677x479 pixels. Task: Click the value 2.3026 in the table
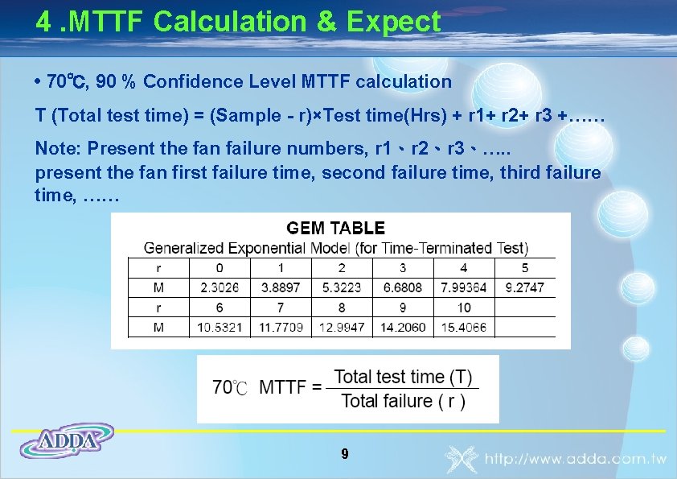(220, 287)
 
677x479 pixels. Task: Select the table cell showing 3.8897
(281, 287)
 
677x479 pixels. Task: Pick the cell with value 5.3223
(342, 287)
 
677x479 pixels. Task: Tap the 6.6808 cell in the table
(403, 287)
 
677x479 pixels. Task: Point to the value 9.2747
(525, 287)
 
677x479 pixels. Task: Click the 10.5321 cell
(220, 327)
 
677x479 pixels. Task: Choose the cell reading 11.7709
(281, 327)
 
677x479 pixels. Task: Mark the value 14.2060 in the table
(403, 327)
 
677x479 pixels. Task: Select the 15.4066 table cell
(464, 327)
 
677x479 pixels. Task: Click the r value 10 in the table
(464, 308)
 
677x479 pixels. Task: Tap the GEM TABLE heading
(336, 229)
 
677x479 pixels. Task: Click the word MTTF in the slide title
(107, 22)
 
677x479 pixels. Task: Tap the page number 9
(344, 454)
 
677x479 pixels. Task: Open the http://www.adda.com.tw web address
(575, 460)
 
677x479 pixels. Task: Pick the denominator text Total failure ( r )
(403, 401)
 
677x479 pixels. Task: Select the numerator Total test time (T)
(403, 377)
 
